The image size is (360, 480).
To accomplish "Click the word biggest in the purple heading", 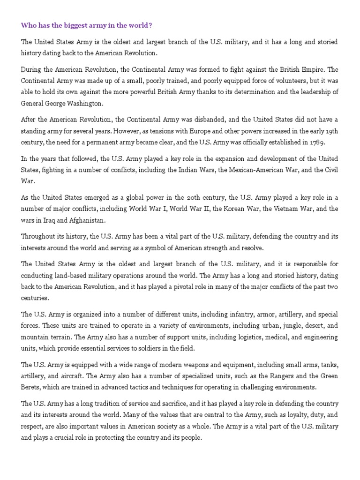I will (x=67, y=24).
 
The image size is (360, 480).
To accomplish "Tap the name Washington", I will (x=85, y=103).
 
